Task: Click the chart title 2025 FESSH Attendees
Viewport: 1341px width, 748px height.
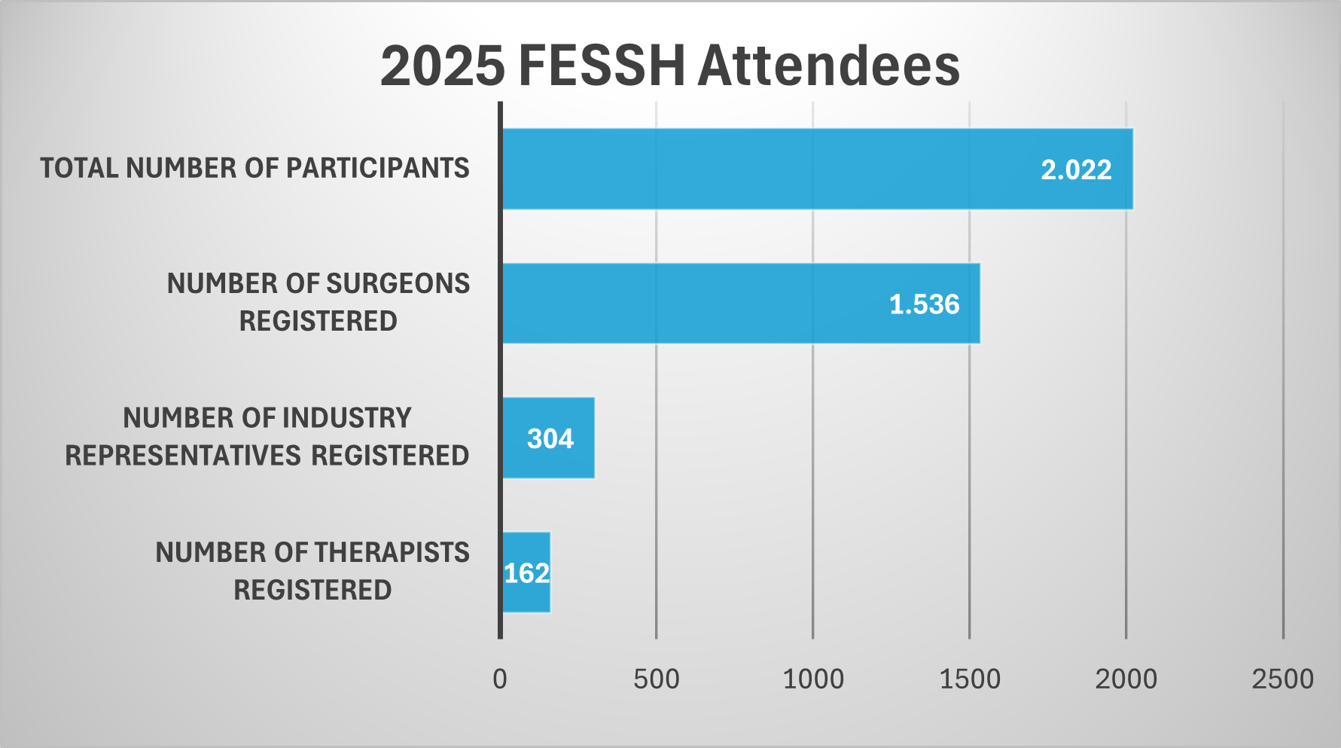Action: [669, 66]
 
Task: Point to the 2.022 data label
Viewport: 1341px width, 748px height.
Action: [1076, 169]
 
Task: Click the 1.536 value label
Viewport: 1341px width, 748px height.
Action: [924, 304]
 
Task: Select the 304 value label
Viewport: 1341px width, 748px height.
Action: [550, 438]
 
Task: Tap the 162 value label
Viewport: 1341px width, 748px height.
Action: [526, 573]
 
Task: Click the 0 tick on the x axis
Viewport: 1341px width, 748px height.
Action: [500, 679]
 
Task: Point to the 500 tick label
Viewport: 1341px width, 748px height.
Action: [656, 679]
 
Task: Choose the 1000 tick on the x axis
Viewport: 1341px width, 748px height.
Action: [813, 679]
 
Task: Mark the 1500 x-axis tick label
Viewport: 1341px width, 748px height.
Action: [970, 679]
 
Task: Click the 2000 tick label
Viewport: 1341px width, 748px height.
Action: [1126, 679]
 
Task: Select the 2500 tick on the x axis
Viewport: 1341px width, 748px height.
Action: [1282, 679]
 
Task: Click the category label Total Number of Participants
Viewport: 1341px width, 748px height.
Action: [254, 168]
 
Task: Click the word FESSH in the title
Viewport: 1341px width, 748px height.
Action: [602, 66]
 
